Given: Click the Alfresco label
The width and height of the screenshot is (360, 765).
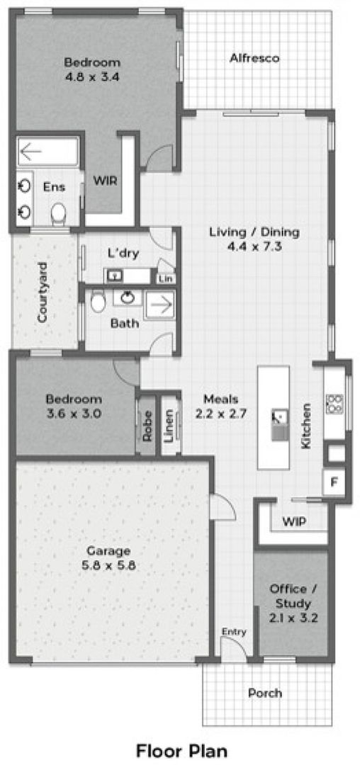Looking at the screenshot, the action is (254, 59).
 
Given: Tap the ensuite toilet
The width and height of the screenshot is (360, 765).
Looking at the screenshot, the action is (59, 213).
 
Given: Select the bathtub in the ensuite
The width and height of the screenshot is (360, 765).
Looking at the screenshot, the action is (47, 152).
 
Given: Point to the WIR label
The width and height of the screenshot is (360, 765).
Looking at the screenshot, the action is (106, 181).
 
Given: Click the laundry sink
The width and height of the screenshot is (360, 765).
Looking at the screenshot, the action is (116, 276).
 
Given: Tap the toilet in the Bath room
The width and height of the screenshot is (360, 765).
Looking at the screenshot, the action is (98, 302).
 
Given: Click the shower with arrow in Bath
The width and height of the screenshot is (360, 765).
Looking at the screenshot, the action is (159, 306).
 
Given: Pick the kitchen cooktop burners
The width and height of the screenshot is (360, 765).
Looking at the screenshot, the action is (335, 404).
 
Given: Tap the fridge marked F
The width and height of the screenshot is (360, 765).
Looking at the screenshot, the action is (334, 482).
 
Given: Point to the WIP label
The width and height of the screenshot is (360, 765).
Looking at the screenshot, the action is (294, 521).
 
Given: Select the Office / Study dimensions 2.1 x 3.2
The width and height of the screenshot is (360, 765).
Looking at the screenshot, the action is (293, 618).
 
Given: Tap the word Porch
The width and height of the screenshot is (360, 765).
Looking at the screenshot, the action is (265, 692).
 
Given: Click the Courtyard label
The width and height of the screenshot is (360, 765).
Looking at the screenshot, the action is (42, 292).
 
